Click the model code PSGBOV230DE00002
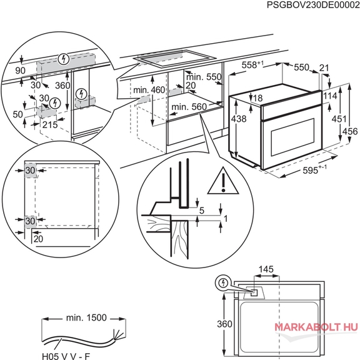tap(313, 5)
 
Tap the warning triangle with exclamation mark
tap(223, 181)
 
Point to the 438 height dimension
tap(239, 119)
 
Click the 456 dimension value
tap(350, 131)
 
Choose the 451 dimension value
tap(339, 119)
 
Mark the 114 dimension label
tap(330, 96)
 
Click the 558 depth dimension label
tap(252, 65)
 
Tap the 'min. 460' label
tap(149, 90)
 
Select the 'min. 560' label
tap(189, 107)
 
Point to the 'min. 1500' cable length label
tap(86, 317)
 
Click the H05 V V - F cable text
tap(66, 356)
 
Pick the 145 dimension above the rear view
tap(266, 269)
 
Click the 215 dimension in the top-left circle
tap(50, 124)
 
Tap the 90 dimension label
tap(20, 71)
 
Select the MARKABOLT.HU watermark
tap(316, 327)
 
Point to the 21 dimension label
tap(324, 67)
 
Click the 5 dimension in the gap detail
tap(202, 210)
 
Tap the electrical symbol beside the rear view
tap(223, 283)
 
